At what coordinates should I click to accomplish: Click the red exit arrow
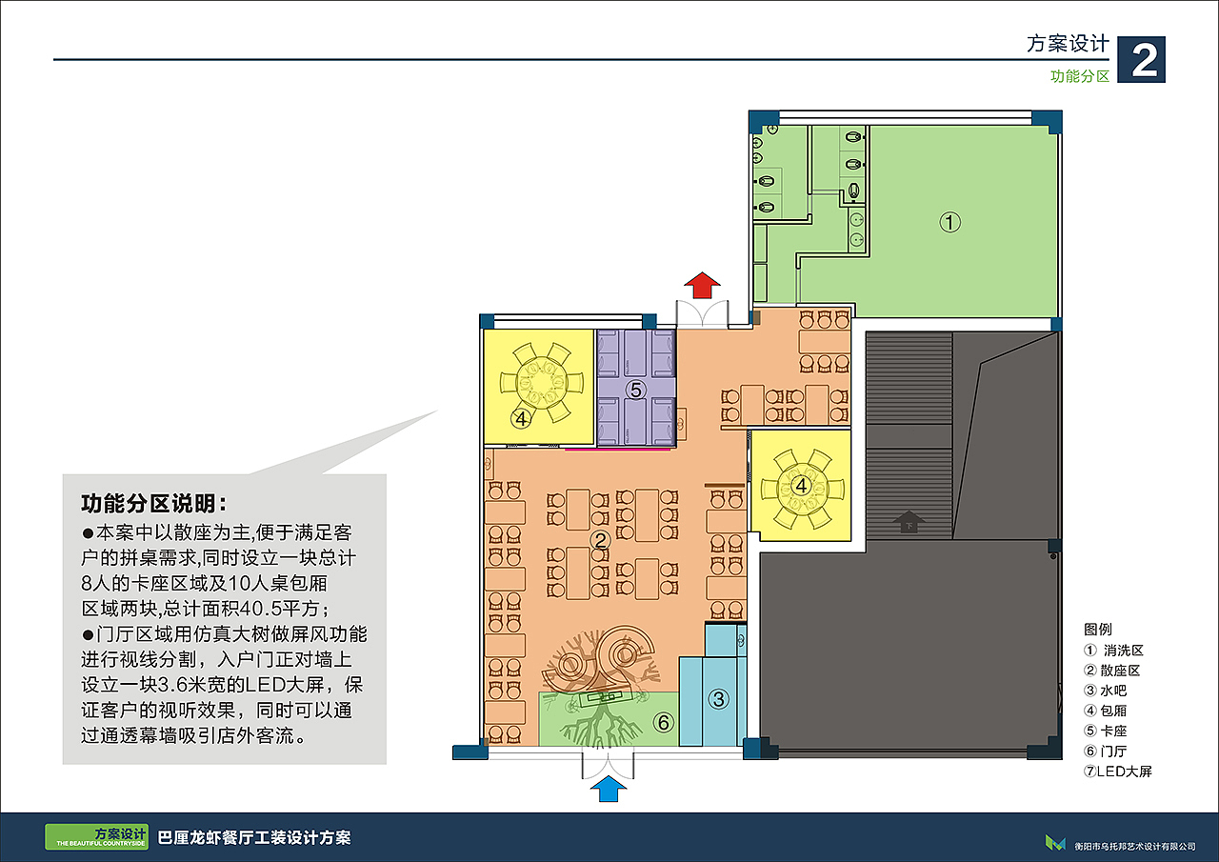tap(702, 285)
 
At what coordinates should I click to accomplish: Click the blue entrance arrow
tap(609, 789)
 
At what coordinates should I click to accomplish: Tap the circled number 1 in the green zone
tap(950, 222)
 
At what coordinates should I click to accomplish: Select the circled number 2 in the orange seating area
tap(600, 540)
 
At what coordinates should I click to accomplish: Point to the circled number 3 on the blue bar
tap(718, 699)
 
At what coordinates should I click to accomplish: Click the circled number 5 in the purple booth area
tap(635, 390)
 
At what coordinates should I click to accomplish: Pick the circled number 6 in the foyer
tap(664, 723)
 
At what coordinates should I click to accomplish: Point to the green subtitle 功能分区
tap(1080, 76)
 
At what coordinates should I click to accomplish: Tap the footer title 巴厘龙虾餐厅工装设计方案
tap(254, 837)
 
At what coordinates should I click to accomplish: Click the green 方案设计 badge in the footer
tap(97, 837)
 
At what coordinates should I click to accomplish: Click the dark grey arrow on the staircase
tap(909, 521)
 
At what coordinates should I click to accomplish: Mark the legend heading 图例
tap(1098, 630)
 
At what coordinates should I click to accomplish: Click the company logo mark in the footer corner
tap(1055, 843)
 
